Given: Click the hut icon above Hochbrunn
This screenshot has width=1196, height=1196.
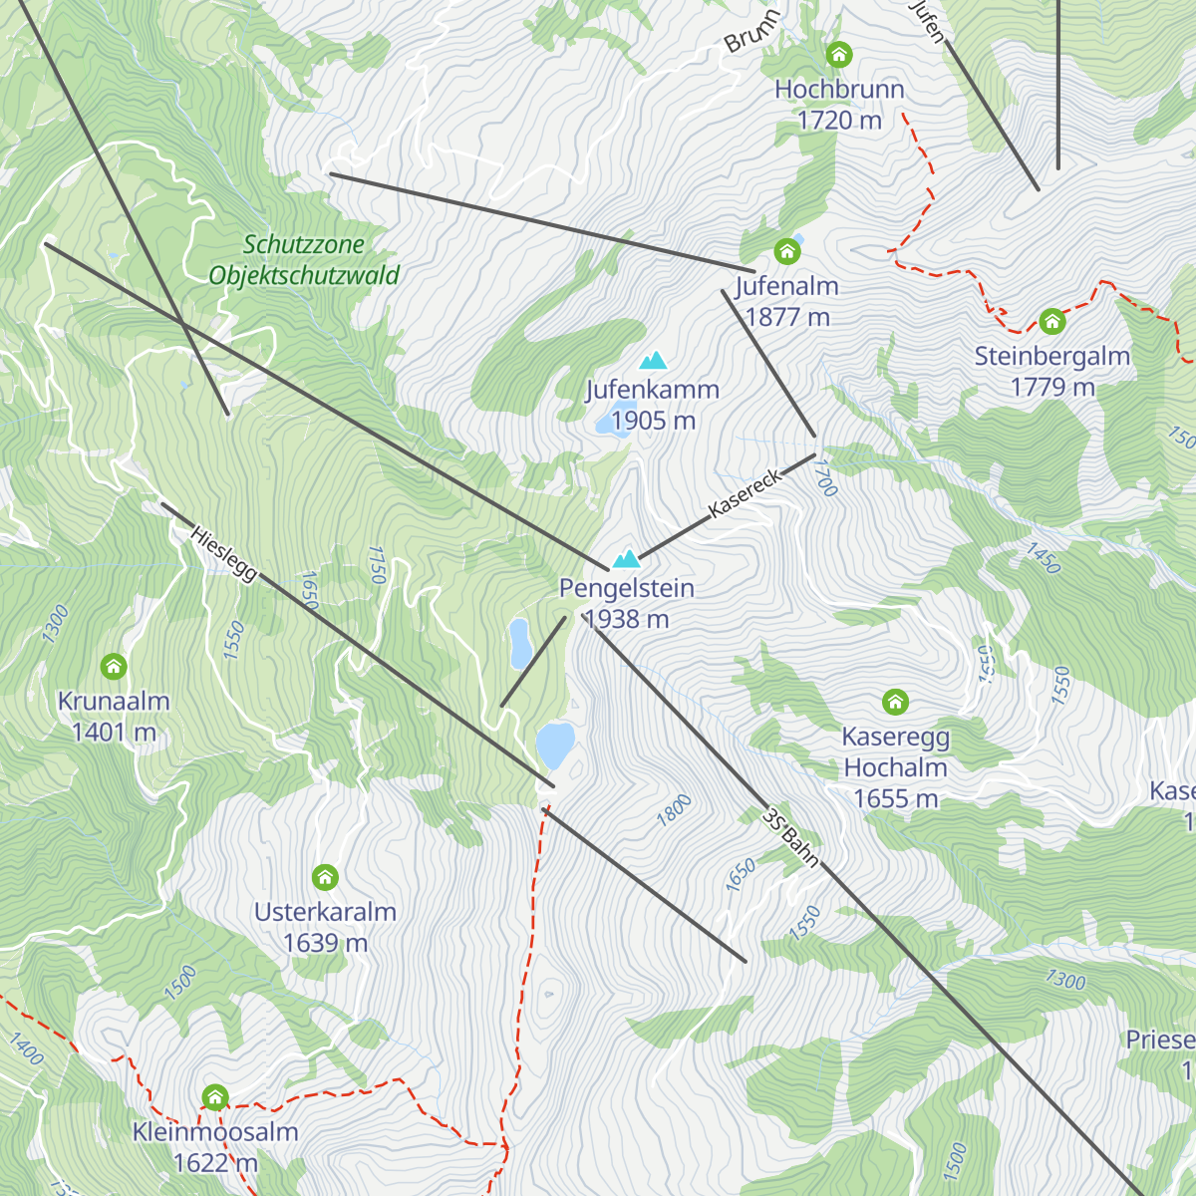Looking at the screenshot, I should [x=839, y=54].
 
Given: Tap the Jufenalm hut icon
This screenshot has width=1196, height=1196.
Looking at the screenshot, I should [x=787, y=250].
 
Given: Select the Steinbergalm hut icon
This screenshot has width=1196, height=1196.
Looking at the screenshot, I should [x=1051, y=321].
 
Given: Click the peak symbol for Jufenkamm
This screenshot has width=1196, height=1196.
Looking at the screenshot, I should [x=653, y=360].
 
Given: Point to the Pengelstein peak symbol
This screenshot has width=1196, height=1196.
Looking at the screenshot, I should [x=626, y=558].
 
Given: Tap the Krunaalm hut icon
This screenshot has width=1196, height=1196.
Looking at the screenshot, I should [x=114, y=666].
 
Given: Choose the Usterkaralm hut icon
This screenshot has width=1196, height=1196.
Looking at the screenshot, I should [x=325, y=877].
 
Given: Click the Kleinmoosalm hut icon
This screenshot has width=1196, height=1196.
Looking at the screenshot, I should [x=215, y=1097].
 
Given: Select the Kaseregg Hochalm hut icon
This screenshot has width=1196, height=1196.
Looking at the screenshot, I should [x=895, y=702].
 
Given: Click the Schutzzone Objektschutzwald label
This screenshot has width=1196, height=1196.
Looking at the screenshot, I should [x=304, y=260].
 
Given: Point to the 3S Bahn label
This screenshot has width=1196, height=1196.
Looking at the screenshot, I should [x=790, y=837].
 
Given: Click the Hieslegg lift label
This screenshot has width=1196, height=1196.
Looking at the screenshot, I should [x=223, y=553].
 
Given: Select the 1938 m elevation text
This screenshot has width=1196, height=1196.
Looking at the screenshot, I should [x=626, y=619].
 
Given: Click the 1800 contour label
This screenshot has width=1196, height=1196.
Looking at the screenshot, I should [x=674, y=809].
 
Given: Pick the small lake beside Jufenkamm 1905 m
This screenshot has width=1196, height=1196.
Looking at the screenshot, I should [x=604, y=424].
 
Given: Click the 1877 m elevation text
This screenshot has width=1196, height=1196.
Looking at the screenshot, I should [x=787, y=317].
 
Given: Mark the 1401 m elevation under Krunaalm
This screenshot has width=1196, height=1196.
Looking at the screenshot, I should [x=114, y=733].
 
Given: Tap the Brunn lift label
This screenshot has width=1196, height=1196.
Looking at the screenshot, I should [x=750, y=33].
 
